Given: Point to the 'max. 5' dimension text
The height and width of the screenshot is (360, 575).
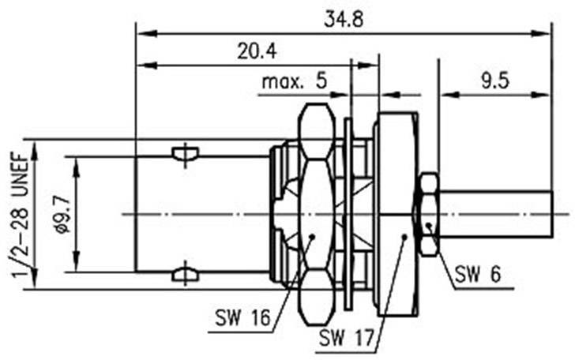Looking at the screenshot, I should (293, 82).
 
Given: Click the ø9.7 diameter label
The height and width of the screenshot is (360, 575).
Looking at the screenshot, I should (64, 214).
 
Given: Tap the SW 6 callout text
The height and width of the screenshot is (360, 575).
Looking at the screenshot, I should (478, 276).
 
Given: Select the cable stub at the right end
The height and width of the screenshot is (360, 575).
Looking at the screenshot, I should (495, 214).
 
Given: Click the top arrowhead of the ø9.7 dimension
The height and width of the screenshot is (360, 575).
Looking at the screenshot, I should (76, 161).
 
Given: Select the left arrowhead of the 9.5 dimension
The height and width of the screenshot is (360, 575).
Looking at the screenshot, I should (445, 96).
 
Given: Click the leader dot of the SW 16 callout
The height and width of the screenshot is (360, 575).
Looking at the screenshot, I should (313, 236).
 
